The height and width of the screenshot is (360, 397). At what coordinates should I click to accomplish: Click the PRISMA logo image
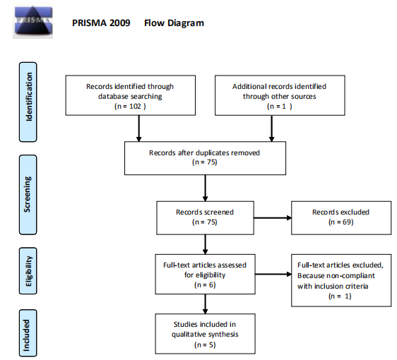(x=33, y=22)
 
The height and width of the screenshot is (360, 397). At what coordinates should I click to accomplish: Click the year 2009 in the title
(x=120, y=23)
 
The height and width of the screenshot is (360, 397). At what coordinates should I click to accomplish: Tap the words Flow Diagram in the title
(x=174, y=23)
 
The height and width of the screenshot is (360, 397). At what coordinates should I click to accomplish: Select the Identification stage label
(x=28, y=102)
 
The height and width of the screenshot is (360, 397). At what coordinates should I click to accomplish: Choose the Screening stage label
(x=28, y=195)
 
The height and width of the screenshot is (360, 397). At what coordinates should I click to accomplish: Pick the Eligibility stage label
(x=28, y=271)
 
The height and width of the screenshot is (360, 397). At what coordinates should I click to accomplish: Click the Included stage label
(x=28, y=333)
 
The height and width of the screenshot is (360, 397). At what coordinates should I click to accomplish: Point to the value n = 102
(x=130, y=107)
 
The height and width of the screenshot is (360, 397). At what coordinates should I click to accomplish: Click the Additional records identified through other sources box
(x=280, y=95)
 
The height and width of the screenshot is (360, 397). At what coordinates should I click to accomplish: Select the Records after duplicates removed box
(x=205, y=158)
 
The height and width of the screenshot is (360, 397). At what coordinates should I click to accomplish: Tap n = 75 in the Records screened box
(x=205, y=222)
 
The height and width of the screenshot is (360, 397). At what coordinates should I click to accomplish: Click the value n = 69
(x=340, y=222)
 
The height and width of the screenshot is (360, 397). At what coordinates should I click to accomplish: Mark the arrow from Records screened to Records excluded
(x=273, y=218)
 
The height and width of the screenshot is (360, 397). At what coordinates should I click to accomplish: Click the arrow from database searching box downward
(x=138, y=128)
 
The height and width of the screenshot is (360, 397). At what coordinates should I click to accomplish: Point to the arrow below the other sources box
(x=272, y=128)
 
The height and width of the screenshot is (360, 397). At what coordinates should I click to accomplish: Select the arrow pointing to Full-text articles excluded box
(x=273, y=274)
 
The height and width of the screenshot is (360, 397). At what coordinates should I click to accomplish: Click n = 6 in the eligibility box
(x=205, y=285)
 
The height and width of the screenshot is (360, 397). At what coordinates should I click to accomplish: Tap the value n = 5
(x=205, y=344)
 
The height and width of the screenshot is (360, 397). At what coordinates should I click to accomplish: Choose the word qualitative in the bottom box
(x=188, y=335)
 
